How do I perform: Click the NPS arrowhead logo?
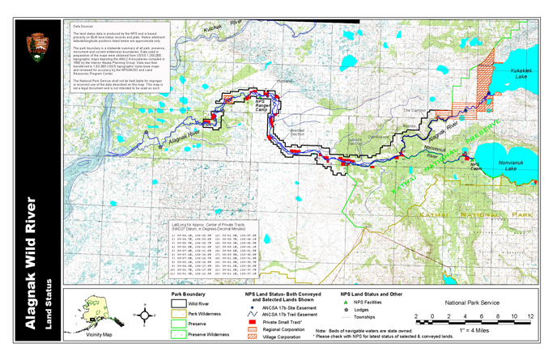[x=37, y=45]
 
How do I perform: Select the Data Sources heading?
[x=84, y=27]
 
